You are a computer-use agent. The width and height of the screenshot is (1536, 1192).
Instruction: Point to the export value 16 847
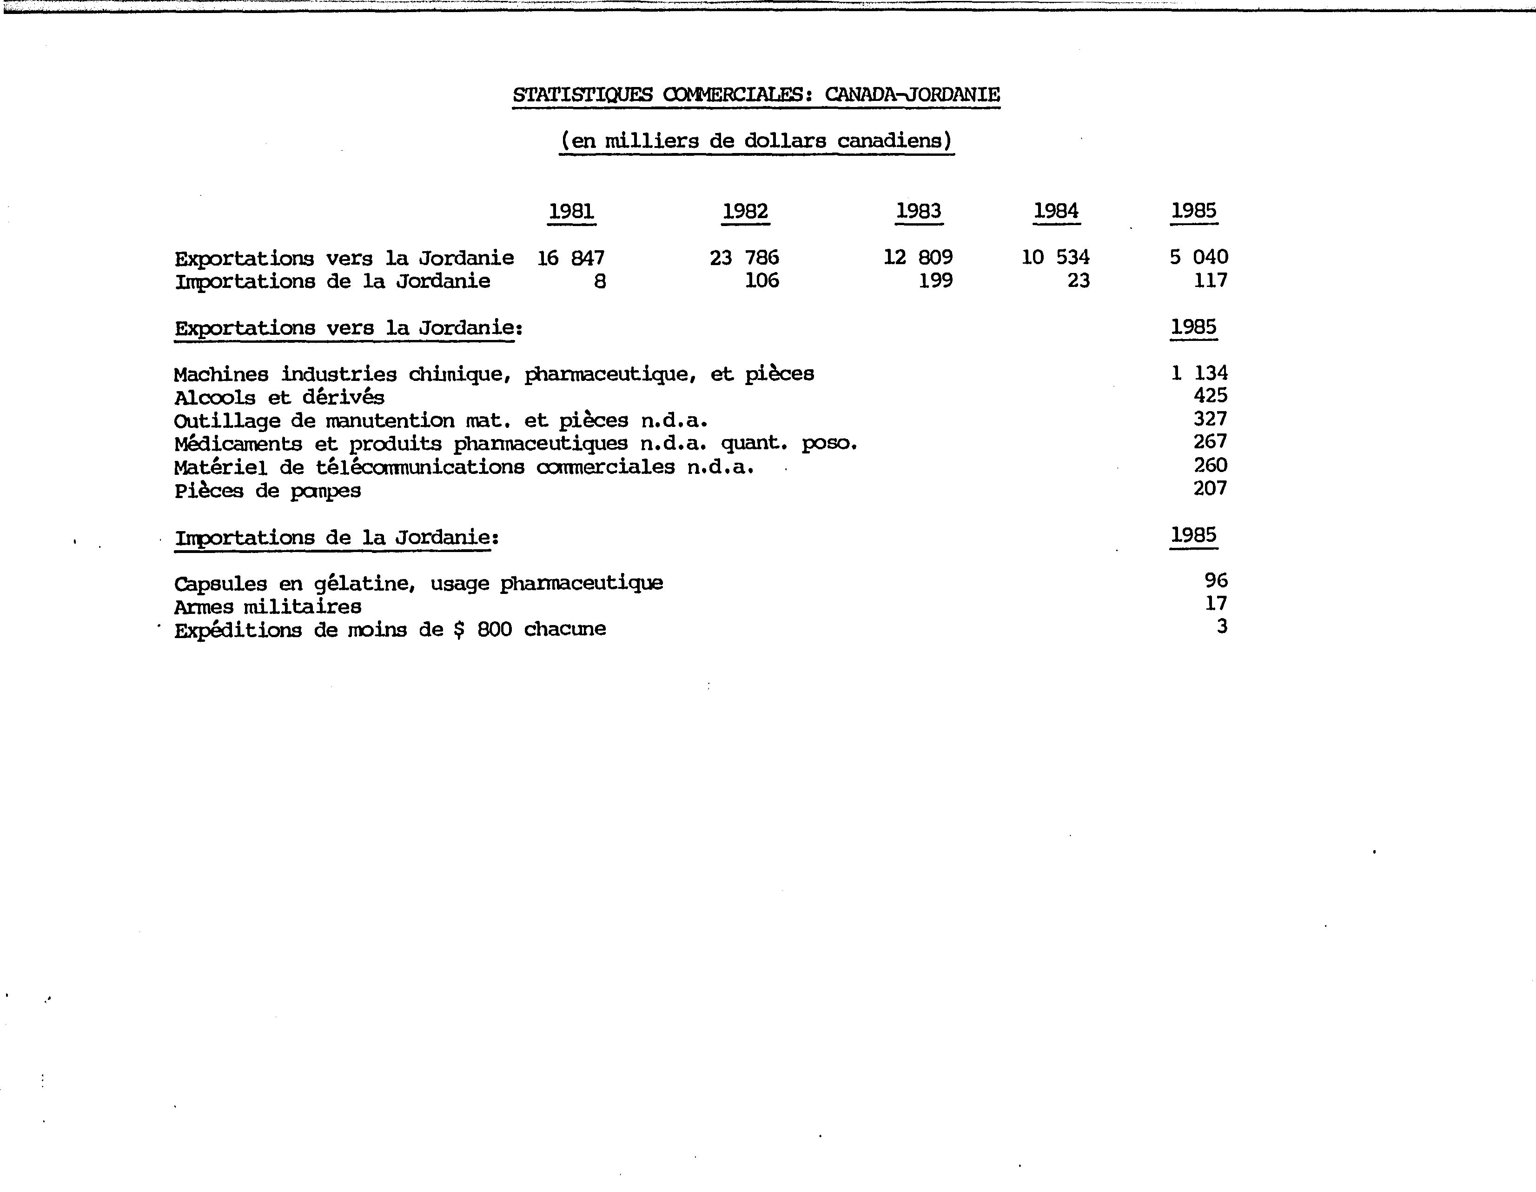tap(570, 258)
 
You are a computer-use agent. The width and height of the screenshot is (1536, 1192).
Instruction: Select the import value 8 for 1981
tap(599, 281)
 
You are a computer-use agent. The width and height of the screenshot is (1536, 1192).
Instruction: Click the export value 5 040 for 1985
tap(1198, 257)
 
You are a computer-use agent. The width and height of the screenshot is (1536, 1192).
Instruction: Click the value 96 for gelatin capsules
tap(1216, 580)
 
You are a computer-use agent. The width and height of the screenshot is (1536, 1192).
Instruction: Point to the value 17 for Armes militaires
tap(1216, 603)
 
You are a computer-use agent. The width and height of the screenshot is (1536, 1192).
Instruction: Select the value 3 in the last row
tap(1222, 626)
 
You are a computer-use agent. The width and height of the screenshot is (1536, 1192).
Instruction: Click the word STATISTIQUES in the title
tap(583, 94)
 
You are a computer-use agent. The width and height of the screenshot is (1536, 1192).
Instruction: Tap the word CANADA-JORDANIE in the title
tap(912, 94)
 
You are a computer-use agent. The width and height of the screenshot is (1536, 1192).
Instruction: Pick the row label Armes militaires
tap(268, 606)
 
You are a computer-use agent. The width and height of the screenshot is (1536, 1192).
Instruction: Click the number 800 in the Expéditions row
tap(495, 629)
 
